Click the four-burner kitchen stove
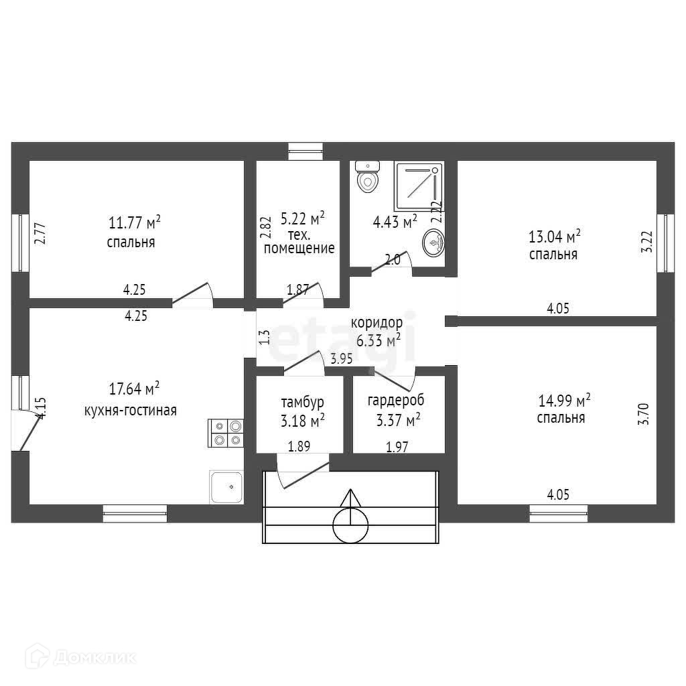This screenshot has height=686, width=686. pyautogui.click(x=226, y=432)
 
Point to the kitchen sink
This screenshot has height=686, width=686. pyautogui.click(x=226, y=485)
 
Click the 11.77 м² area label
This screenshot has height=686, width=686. pyautogui.click(x=134, y=222)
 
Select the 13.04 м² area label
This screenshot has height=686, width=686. pyautogui.click(x=554, y=237)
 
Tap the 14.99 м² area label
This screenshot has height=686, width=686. pyautogui.click(x=563, y=401)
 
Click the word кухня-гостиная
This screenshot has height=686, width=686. pyautogui.click(x=131, y=410)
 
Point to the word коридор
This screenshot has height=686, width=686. pyautogui.click(x=376, y=322)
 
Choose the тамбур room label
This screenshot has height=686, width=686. pyautogui.click(x=302, y=403)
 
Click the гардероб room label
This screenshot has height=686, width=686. pyautogui.click(x=396, y=401)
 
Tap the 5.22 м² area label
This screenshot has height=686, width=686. pyautogui.click(x=302, y=218)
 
